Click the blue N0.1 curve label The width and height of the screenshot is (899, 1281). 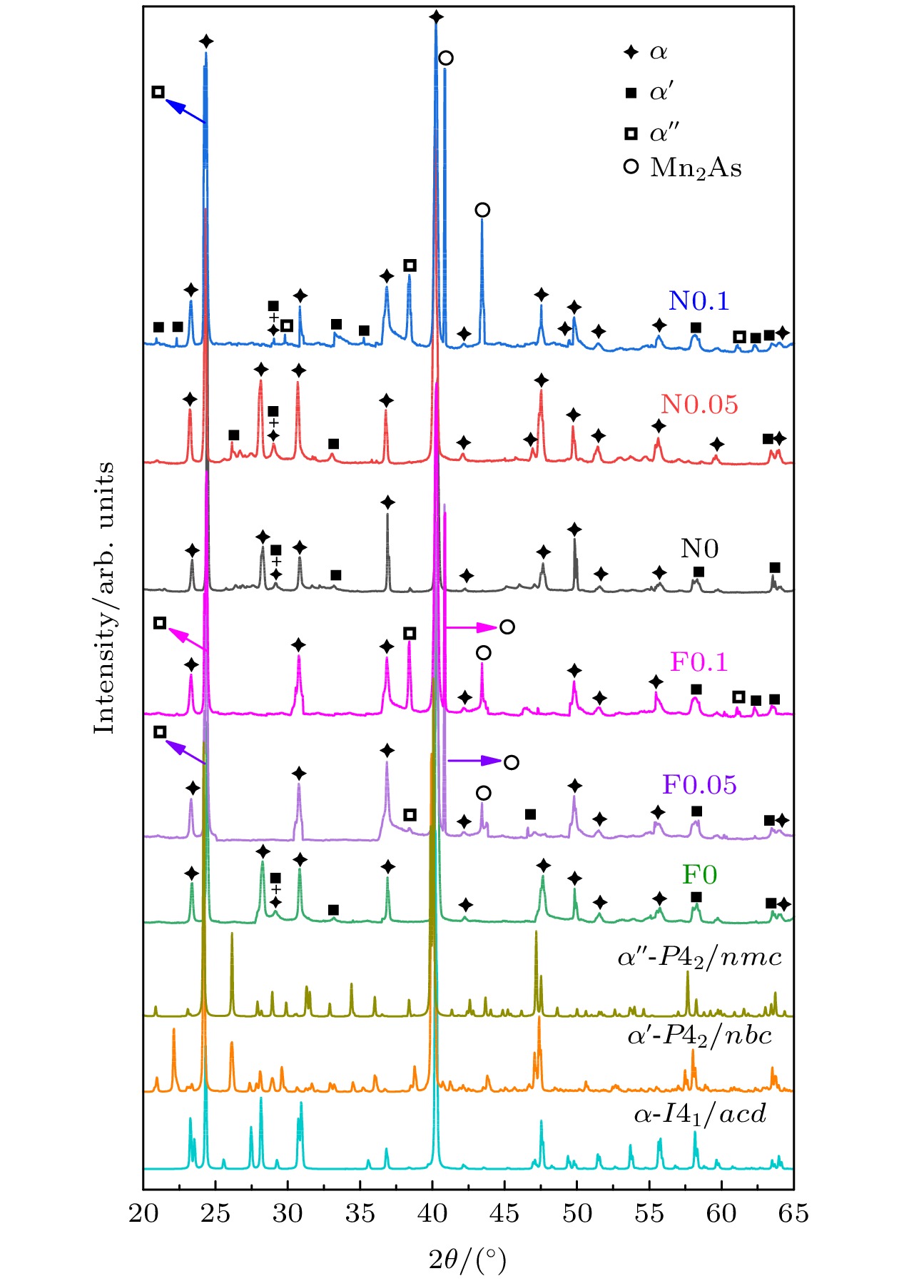699,301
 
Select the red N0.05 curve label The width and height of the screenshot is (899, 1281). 699,405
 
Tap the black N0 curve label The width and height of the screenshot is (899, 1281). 699,549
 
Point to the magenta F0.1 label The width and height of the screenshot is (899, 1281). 699,662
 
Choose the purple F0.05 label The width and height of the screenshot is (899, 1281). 699,785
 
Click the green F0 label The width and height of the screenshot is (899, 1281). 699,875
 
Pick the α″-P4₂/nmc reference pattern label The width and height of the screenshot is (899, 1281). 699,957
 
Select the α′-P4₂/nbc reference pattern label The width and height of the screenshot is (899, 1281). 699,1036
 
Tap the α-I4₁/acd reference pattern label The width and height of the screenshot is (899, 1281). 699,1114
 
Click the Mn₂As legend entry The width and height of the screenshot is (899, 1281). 695,168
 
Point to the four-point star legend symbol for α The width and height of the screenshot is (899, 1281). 631,52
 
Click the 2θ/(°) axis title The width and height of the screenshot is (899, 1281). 467,1261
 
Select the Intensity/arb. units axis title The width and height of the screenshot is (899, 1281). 105,597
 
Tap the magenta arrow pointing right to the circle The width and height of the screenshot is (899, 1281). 472,628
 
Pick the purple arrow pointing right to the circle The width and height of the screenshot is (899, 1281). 475,761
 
